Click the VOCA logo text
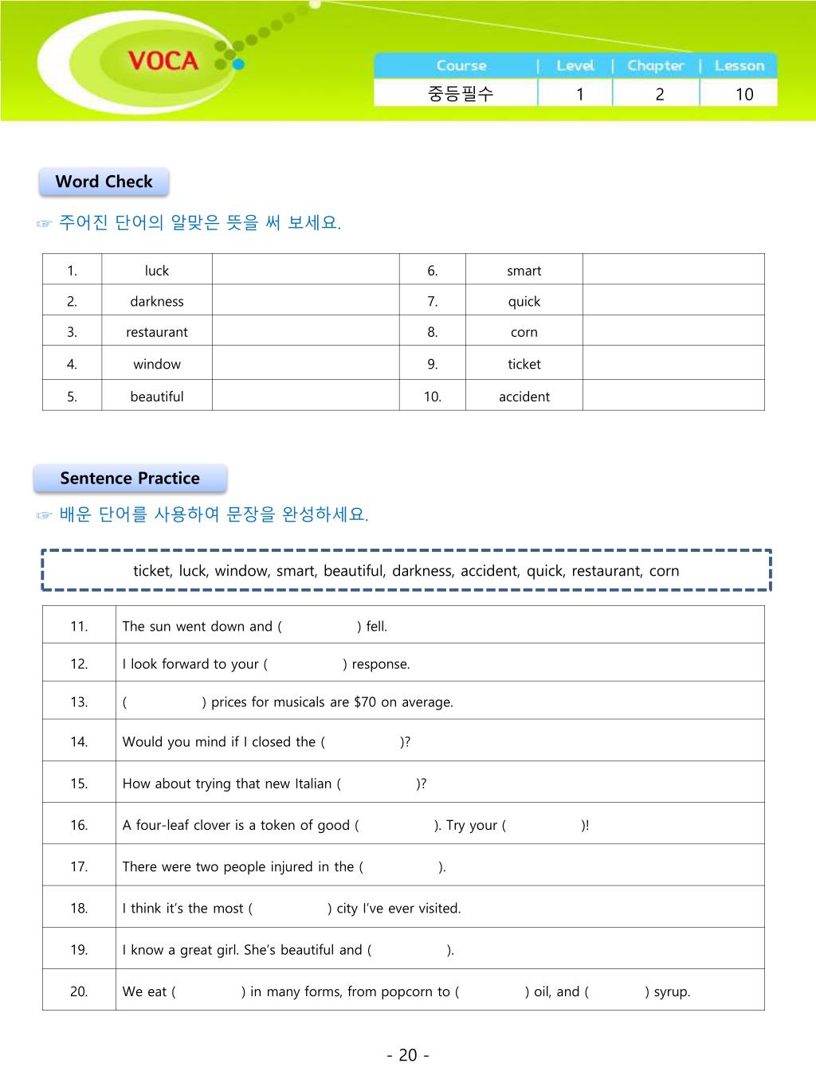coord(163,61)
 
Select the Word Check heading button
coord(104,182)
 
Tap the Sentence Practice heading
coord(130,479)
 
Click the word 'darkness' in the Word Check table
coord(157,302)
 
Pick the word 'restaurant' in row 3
coord(157,332)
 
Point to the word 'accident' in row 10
coord(524,397)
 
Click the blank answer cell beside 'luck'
coord(305,270)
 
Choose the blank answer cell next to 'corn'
coord(673,332)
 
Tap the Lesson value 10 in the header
coord(744,94)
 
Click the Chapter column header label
coord(656,66)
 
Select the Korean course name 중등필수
coord(461,94)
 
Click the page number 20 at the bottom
coord(408,1055)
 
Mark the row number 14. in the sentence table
coord(79,742)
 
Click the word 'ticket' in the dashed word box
coord(151,571)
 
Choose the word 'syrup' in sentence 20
coord(672,992)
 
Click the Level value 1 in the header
coord(580,94)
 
